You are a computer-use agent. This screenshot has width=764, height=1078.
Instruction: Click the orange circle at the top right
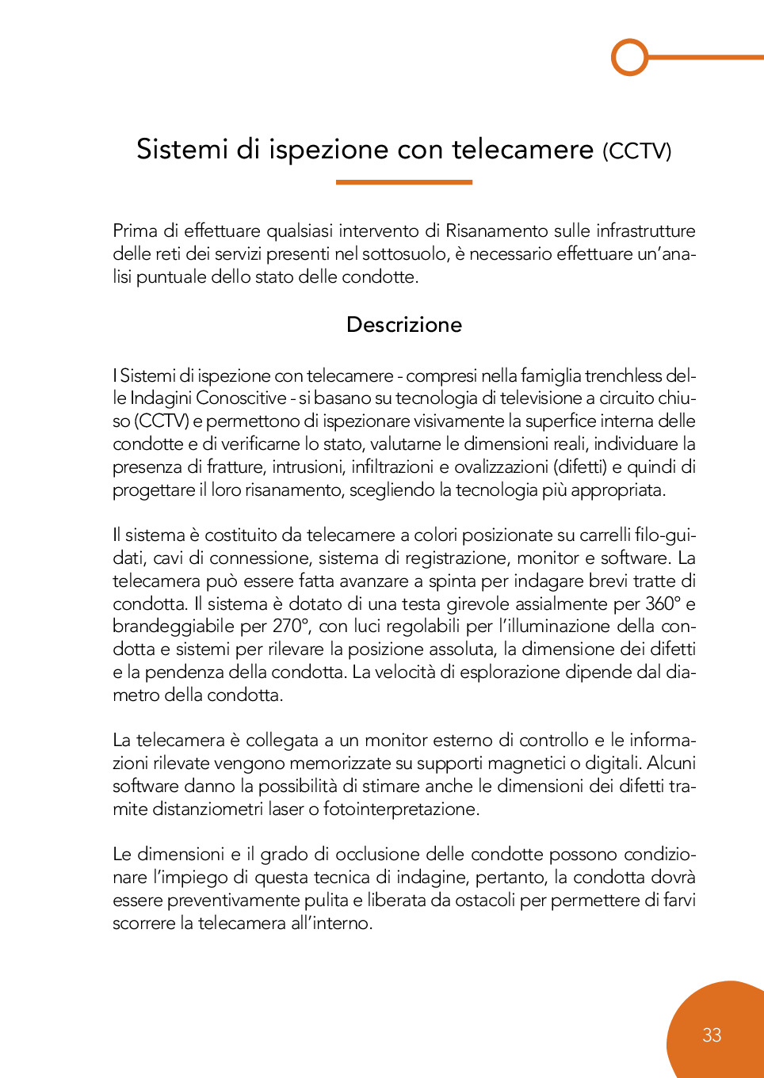pyautogui.click(x=630, y=57)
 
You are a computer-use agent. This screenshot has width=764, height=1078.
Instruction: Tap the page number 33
pyautogui.click(x=712, y=1035)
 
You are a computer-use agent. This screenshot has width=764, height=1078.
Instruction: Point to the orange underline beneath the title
pyautogui.click(x=404, y=182)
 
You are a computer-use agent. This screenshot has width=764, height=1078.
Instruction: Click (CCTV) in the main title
pyautogui.click(x=636, y=150)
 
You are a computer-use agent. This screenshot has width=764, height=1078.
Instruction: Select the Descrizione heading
pyautogui.click(x=404, y=325)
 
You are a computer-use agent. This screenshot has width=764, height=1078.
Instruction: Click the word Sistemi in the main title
pyautogui.click(x=182, y=149)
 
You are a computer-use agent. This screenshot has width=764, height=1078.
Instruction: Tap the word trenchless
pyautogui.click(x=621, y=375)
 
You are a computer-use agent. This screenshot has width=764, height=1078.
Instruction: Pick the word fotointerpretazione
pyautogui.click(x=401, y=809)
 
